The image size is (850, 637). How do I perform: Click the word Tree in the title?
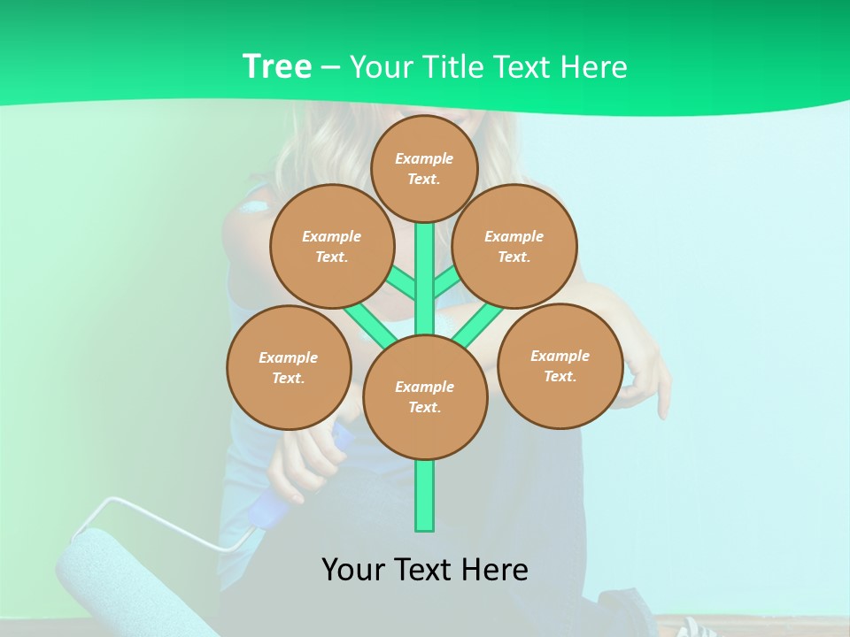[277, 66]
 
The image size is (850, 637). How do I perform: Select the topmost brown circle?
[424, 168]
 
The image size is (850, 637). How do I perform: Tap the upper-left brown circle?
[331, 246]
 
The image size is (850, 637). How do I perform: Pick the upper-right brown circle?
[514, 246]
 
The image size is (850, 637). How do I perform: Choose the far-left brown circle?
[289, 367]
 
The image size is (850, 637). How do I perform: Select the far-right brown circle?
[560, 365]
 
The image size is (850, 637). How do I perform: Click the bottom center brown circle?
[425, 397]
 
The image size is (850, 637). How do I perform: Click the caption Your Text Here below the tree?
[425, 569]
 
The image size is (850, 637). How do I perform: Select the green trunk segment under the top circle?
[425, 265]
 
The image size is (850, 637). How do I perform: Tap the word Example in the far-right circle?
[560, 356]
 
